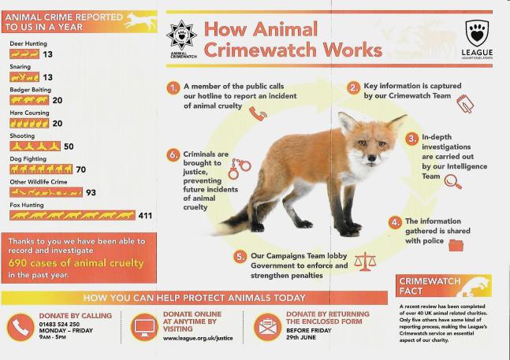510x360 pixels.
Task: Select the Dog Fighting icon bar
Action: click(41, 169)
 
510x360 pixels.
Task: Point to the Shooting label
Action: click(21, 136)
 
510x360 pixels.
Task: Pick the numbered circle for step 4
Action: click(395, 223)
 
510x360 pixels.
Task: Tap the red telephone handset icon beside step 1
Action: click(258, 113)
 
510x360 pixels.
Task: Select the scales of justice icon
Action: click(365, 261)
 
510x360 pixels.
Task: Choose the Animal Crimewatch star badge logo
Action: click(181, 38)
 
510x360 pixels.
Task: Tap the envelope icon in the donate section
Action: click(268, 326)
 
